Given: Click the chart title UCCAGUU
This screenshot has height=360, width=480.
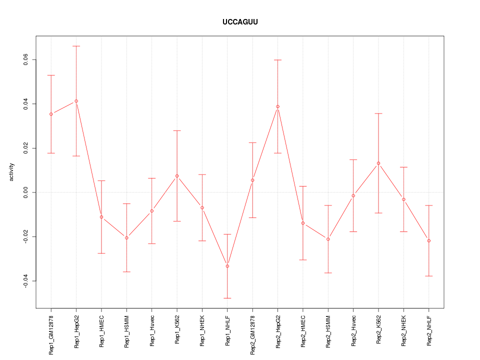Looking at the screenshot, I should pos(240,22).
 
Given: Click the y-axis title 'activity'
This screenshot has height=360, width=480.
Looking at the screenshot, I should pos(12,172).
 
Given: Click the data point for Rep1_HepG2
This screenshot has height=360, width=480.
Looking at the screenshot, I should pos(76,101).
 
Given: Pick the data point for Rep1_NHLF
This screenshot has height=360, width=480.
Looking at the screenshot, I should pos(227,266).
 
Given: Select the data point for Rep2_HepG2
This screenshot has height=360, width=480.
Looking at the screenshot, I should pos(277,106).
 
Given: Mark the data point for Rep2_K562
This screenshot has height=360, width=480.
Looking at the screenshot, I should pos(378,163).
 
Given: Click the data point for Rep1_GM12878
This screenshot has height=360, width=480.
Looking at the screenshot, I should pos(51,114).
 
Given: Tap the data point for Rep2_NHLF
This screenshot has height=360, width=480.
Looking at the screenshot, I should pos(429,241).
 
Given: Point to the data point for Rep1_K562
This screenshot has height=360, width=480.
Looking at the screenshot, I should pos(177,176).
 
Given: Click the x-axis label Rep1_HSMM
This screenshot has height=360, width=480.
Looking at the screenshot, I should pos(127,331).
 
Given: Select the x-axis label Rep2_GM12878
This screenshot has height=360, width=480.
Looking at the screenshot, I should pos(253,334).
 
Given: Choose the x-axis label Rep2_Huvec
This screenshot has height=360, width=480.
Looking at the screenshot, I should pos(354,331).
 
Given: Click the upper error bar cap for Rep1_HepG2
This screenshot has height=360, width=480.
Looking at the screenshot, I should pos(76,46).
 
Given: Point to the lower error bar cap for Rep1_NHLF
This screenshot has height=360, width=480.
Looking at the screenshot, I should pos(227,298).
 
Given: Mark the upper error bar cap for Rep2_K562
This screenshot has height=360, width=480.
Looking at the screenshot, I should pos(378,113).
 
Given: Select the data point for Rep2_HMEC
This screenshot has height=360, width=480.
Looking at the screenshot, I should pos(303,223).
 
